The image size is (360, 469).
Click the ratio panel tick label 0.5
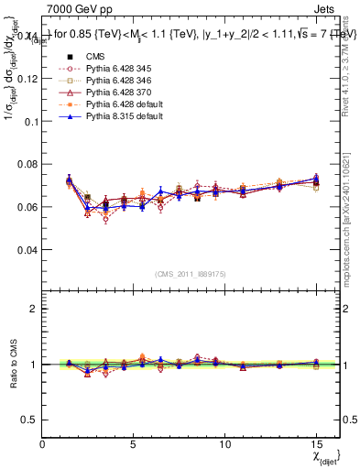[x=30, y=420]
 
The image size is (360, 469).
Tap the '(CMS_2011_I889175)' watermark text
[x=191, y=274]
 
